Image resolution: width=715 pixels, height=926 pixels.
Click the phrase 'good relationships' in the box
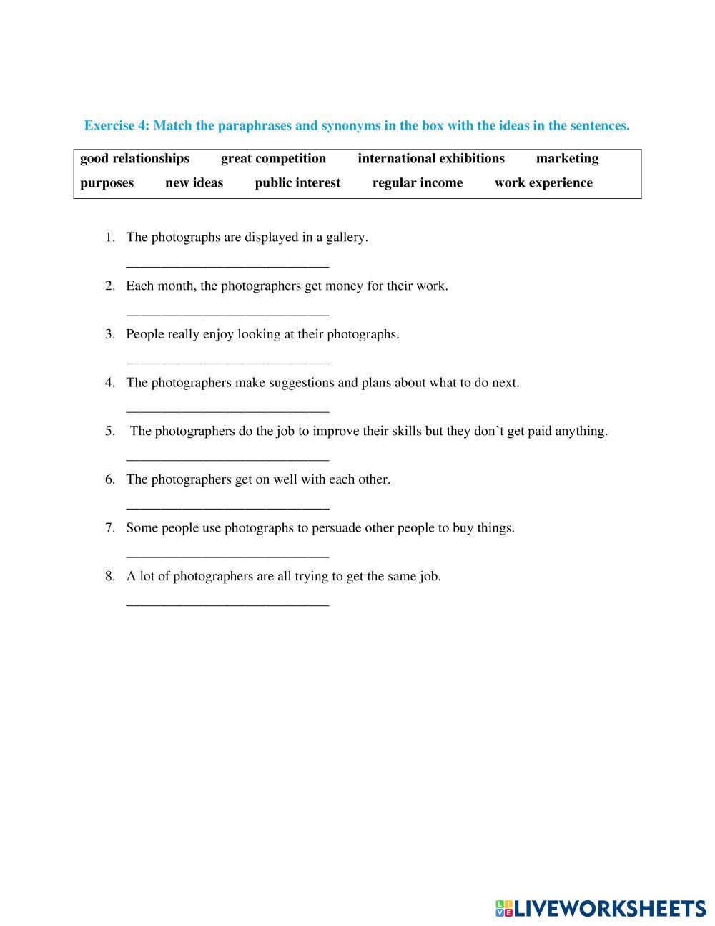pos(134,159)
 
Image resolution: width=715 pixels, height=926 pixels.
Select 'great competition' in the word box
pos(273,159)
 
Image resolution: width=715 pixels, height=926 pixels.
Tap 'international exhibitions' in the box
pos(430,159)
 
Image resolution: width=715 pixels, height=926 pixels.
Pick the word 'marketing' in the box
pos(567,159)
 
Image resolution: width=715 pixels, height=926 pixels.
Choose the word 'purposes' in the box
pos(107,183)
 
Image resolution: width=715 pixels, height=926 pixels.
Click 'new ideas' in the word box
pos(194,183)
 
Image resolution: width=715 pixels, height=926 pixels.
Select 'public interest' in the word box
pos(297,183)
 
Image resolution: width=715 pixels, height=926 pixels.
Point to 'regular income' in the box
pos(417,183)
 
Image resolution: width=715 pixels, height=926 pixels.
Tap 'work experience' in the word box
pos(543,183)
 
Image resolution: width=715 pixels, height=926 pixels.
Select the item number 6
pos(110,479)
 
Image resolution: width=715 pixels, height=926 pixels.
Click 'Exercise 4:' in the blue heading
pos(117,126)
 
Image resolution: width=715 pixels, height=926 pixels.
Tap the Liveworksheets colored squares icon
pos(504,909)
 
